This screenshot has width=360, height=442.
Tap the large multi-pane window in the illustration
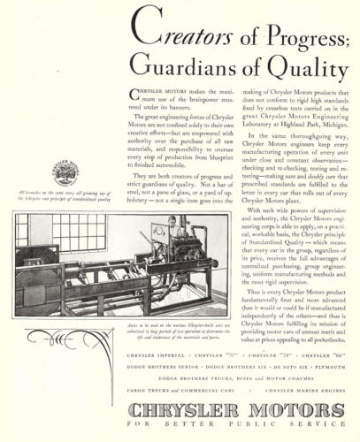point(64,231)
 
